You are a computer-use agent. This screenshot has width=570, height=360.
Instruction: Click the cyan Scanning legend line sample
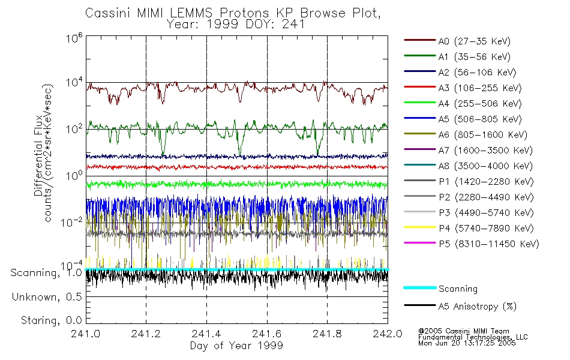click(x=419, y=288)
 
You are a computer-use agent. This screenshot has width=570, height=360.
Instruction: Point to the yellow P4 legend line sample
click(x=419, y=229)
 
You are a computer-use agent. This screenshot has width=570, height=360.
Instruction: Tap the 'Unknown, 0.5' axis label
click(x=47, y=297)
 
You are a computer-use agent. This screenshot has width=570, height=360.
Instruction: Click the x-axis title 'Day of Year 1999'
click(x=236, y=346)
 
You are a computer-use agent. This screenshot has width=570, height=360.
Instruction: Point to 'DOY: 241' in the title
click(x=283, y=25)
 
